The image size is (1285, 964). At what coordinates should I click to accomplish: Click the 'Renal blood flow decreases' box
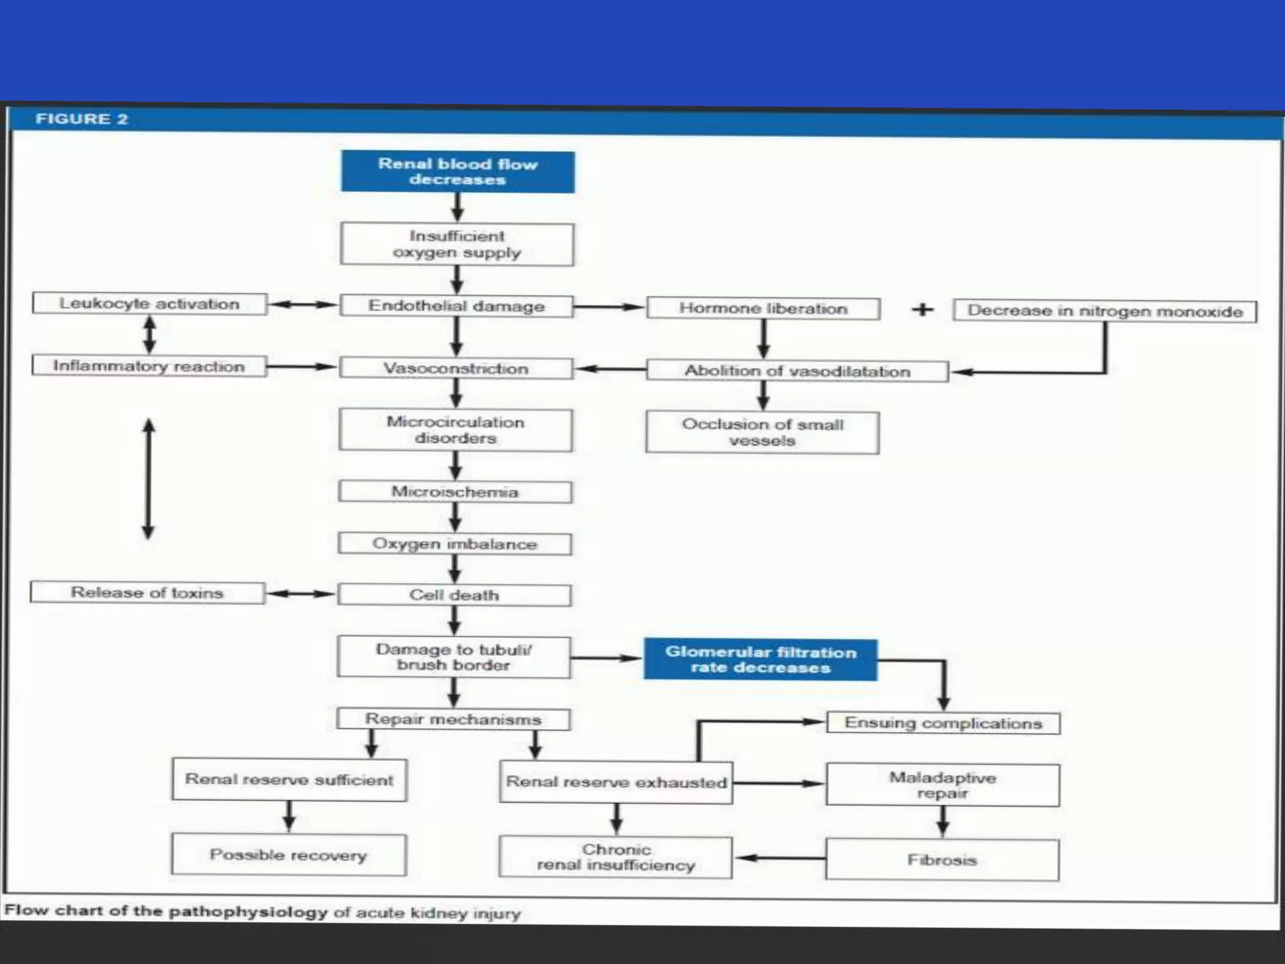coord(457,171)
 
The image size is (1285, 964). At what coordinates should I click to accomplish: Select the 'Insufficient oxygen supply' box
coord(457,244)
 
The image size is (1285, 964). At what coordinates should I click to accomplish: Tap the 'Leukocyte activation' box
coord(149,304)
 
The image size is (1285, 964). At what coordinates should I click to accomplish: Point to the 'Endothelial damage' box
coord(456,306)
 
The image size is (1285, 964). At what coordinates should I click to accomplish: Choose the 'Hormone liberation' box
coord(763,309)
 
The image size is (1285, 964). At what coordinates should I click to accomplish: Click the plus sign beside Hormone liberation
coord(922,309)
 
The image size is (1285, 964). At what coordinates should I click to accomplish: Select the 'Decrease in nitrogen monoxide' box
coord(1104,311)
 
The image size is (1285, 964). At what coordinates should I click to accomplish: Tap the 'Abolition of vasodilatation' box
coord(797,371)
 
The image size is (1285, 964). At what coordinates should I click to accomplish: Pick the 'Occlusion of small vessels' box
coord(762,432)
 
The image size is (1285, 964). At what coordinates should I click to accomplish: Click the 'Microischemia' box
coord(455,492)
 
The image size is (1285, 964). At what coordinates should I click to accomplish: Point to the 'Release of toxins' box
coord(147,592)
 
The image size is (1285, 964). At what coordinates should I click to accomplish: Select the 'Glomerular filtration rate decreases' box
coord(760,660)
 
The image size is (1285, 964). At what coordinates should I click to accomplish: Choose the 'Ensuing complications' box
coord(943,723)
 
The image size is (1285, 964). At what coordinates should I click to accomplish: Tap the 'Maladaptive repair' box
coord(942,785)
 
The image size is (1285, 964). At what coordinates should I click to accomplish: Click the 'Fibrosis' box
coord(942,860)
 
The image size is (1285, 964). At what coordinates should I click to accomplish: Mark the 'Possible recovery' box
coord(289,855)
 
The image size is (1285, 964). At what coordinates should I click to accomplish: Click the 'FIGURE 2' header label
coord(82,119)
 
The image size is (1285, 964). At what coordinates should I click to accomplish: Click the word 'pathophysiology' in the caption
coord(248,911)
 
